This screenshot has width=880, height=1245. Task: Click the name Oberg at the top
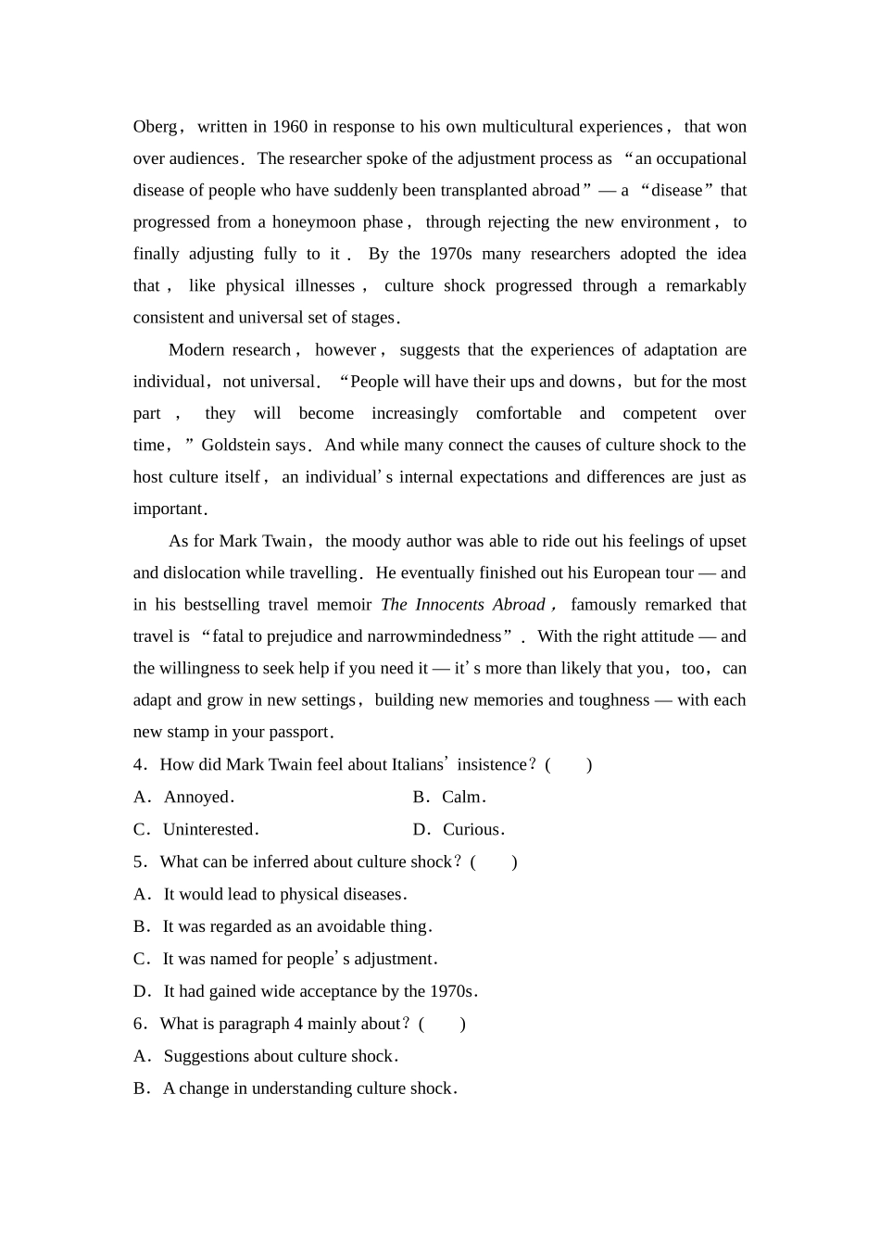point(154,127)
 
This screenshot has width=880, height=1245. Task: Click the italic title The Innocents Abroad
point(462,605)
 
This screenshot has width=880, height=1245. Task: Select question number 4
point(140,765)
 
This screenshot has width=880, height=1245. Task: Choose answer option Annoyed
point(196,798)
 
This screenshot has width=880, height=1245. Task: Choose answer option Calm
point(461,798)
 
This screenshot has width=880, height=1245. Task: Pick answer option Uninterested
point(208,830)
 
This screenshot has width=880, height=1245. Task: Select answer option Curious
point(472,830)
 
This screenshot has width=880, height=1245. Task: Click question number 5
point(140,862)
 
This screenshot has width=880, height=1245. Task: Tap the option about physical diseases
point(283,895)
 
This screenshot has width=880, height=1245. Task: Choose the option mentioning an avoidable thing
point(295,927)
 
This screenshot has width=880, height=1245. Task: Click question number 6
point(140,1025)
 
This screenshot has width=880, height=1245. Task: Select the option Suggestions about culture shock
point(279,1057)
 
